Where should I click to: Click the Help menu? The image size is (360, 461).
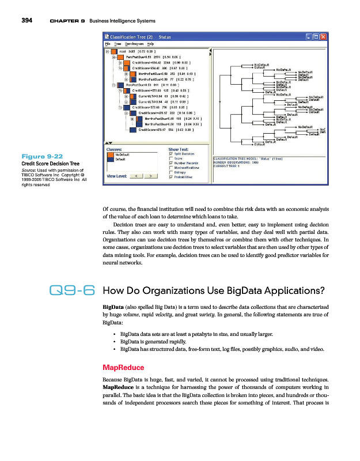(150, 44)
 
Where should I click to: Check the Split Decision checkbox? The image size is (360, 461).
(170, 154)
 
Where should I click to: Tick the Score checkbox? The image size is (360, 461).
(170, 158)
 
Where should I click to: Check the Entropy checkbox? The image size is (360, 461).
(170, 172)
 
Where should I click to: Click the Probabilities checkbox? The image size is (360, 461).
(170, 177)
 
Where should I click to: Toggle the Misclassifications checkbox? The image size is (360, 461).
(170, 168)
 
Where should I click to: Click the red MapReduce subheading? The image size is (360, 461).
(119, 367)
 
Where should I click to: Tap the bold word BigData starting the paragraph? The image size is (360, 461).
(112, 307)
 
